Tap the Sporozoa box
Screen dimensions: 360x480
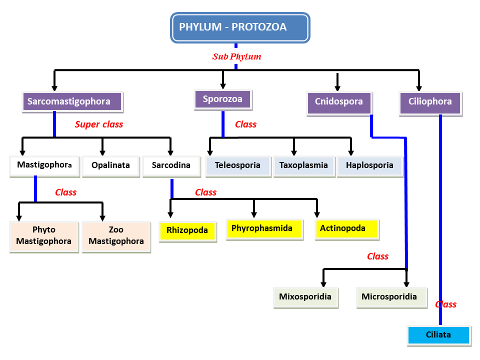point(222,99)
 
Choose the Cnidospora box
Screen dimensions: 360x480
point(338,101)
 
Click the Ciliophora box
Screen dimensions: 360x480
point(430,101)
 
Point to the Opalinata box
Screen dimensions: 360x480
point(110,165)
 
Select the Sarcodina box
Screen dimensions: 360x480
point(170,165)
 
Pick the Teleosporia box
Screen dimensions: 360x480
point(237,165)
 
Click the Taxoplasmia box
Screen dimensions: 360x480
point(303,165)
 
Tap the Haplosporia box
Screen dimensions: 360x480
point(369,165)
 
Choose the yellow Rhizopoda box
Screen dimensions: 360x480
point(187,231)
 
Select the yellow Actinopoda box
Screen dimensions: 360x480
point(346,228)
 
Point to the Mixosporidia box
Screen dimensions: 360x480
point(305,296)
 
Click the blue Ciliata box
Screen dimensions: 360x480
point(439,334)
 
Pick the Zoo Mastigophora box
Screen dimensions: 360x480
point(116,235)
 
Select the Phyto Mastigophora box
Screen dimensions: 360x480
point(44,235)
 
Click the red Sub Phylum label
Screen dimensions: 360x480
point(237,56)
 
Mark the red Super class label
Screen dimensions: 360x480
point(99,124)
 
